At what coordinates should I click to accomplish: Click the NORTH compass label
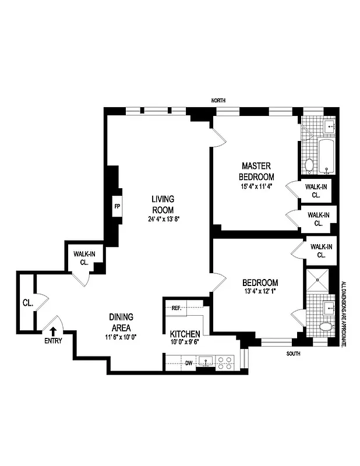[x=218, y=101]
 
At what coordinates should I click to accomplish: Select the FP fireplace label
[x=117, y=207]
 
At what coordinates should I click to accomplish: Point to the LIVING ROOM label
[x=164, y=204]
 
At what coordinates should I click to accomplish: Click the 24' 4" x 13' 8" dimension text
[x=164, y=220]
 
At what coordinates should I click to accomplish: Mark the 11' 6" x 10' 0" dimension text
[x=121, y=337]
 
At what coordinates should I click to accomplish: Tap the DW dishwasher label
[x=189, y=363]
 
